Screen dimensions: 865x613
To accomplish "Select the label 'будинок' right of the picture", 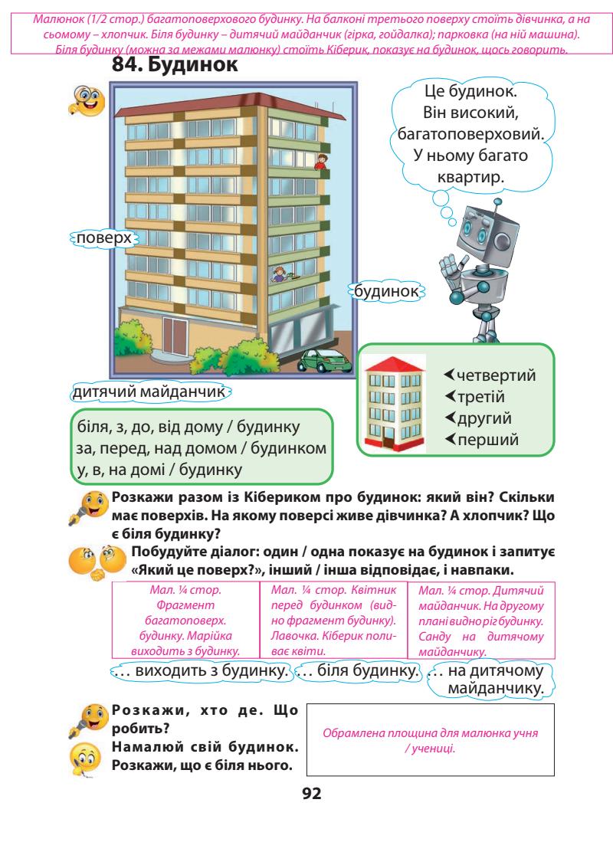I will [387, 291].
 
